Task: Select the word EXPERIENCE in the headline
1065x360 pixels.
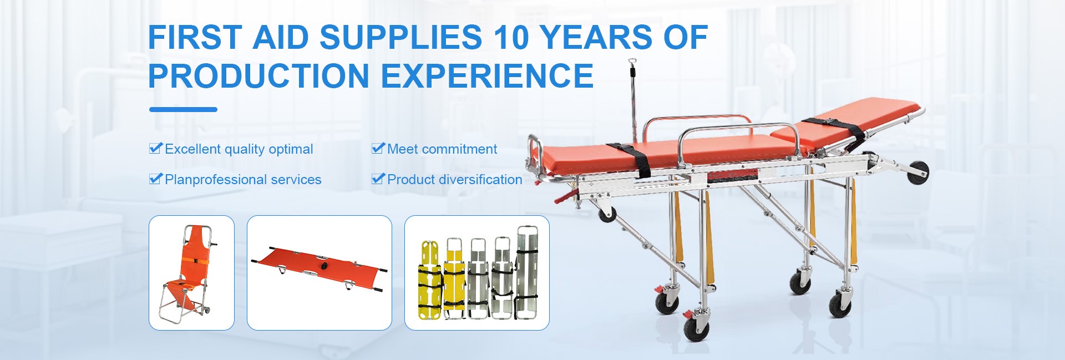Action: (488, 76)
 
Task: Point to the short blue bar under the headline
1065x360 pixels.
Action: (183, 110)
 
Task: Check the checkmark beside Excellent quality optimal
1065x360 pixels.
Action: (156, 148)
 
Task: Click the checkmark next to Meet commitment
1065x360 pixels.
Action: (378, 148)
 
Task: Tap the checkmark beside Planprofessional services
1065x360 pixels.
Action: (156, 179)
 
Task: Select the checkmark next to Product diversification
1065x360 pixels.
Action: (378, 179)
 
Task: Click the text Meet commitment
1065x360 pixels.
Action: (442, 149)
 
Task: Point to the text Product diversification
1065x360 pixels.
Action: (455, 180)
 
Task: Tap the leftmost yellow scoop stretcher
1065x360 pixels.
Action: (430, 281)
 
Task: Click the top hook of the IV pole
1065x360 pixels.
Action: (632, 62)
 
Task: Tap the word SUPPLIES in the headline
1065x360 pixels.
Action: (400, 38)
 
